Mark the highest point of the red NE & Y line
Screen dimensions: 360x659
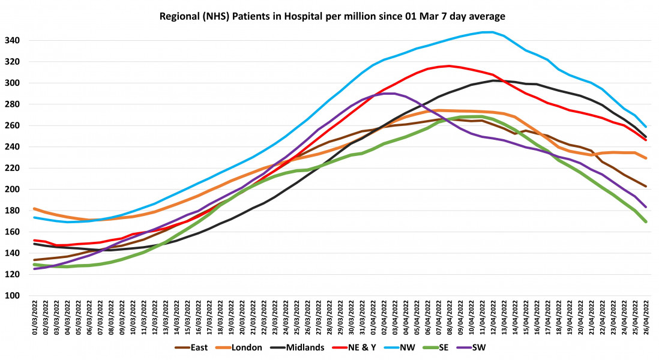[448, 66]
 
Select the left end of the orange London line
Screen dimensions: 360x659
[34, 209]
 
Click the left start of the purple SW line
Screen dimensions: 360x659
[34, 269]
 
